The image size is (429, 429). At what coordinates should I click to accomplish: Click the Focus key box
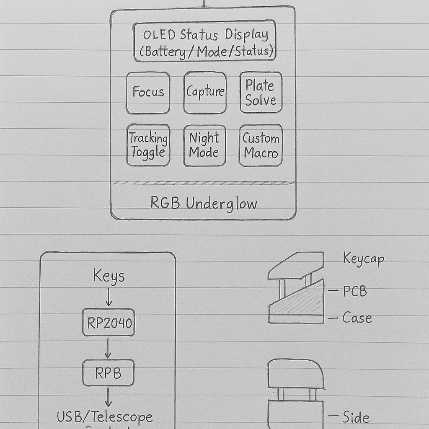click(x=148, y=93)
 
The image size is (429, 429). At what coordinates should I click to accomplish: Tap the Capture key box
click(x=205, y=92)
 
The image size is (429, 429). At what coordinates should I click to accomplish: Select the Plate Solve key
click(x=261, y=93)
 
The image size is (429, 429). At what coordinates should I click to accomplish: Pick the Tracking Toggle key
click(x=148, y=145)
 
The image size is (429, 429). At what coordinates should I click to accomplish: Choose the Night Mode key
click(x=204, y=145)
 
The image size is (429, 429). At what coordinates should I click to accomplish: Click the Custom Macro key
click(x=261, y=145)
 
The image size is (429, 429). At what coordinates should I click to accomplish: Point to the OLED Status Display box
click(x=204, y=41)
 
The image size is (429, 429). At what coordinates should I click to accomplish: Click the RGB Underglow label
click(x=204, y=204)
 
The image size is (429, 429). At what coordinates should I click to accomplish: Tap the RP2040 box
click(x=109, y=323)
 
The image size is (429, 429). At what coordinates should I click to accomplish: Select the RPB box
click(x=109, y=372)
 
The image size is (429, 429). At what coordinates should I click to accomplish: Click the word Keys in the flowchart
click(x=109, y=277)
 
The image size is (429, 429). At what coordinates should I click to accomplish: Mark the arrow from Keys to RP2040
click(x=109, y=297)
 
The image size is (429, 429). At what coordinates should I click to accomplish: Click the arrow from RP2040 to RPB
click(x=108, y=347)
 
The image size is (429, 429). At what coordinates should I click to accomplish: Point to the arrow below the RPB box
click(x=108, y=397)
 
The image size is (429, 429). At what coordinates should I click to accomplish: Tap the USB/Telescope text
click(x=105, y=417)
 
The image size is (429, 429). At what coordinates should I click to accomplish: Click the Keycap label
click(x=363, y=258)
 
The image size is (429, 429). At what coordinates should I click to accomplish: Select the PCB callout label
click(x=354, y=291)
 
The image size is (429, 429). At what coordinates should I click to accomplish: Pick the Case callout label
click(x=357, y=318)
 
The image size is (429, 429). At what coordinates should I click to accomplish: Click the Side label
click(x=356, y=417)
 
